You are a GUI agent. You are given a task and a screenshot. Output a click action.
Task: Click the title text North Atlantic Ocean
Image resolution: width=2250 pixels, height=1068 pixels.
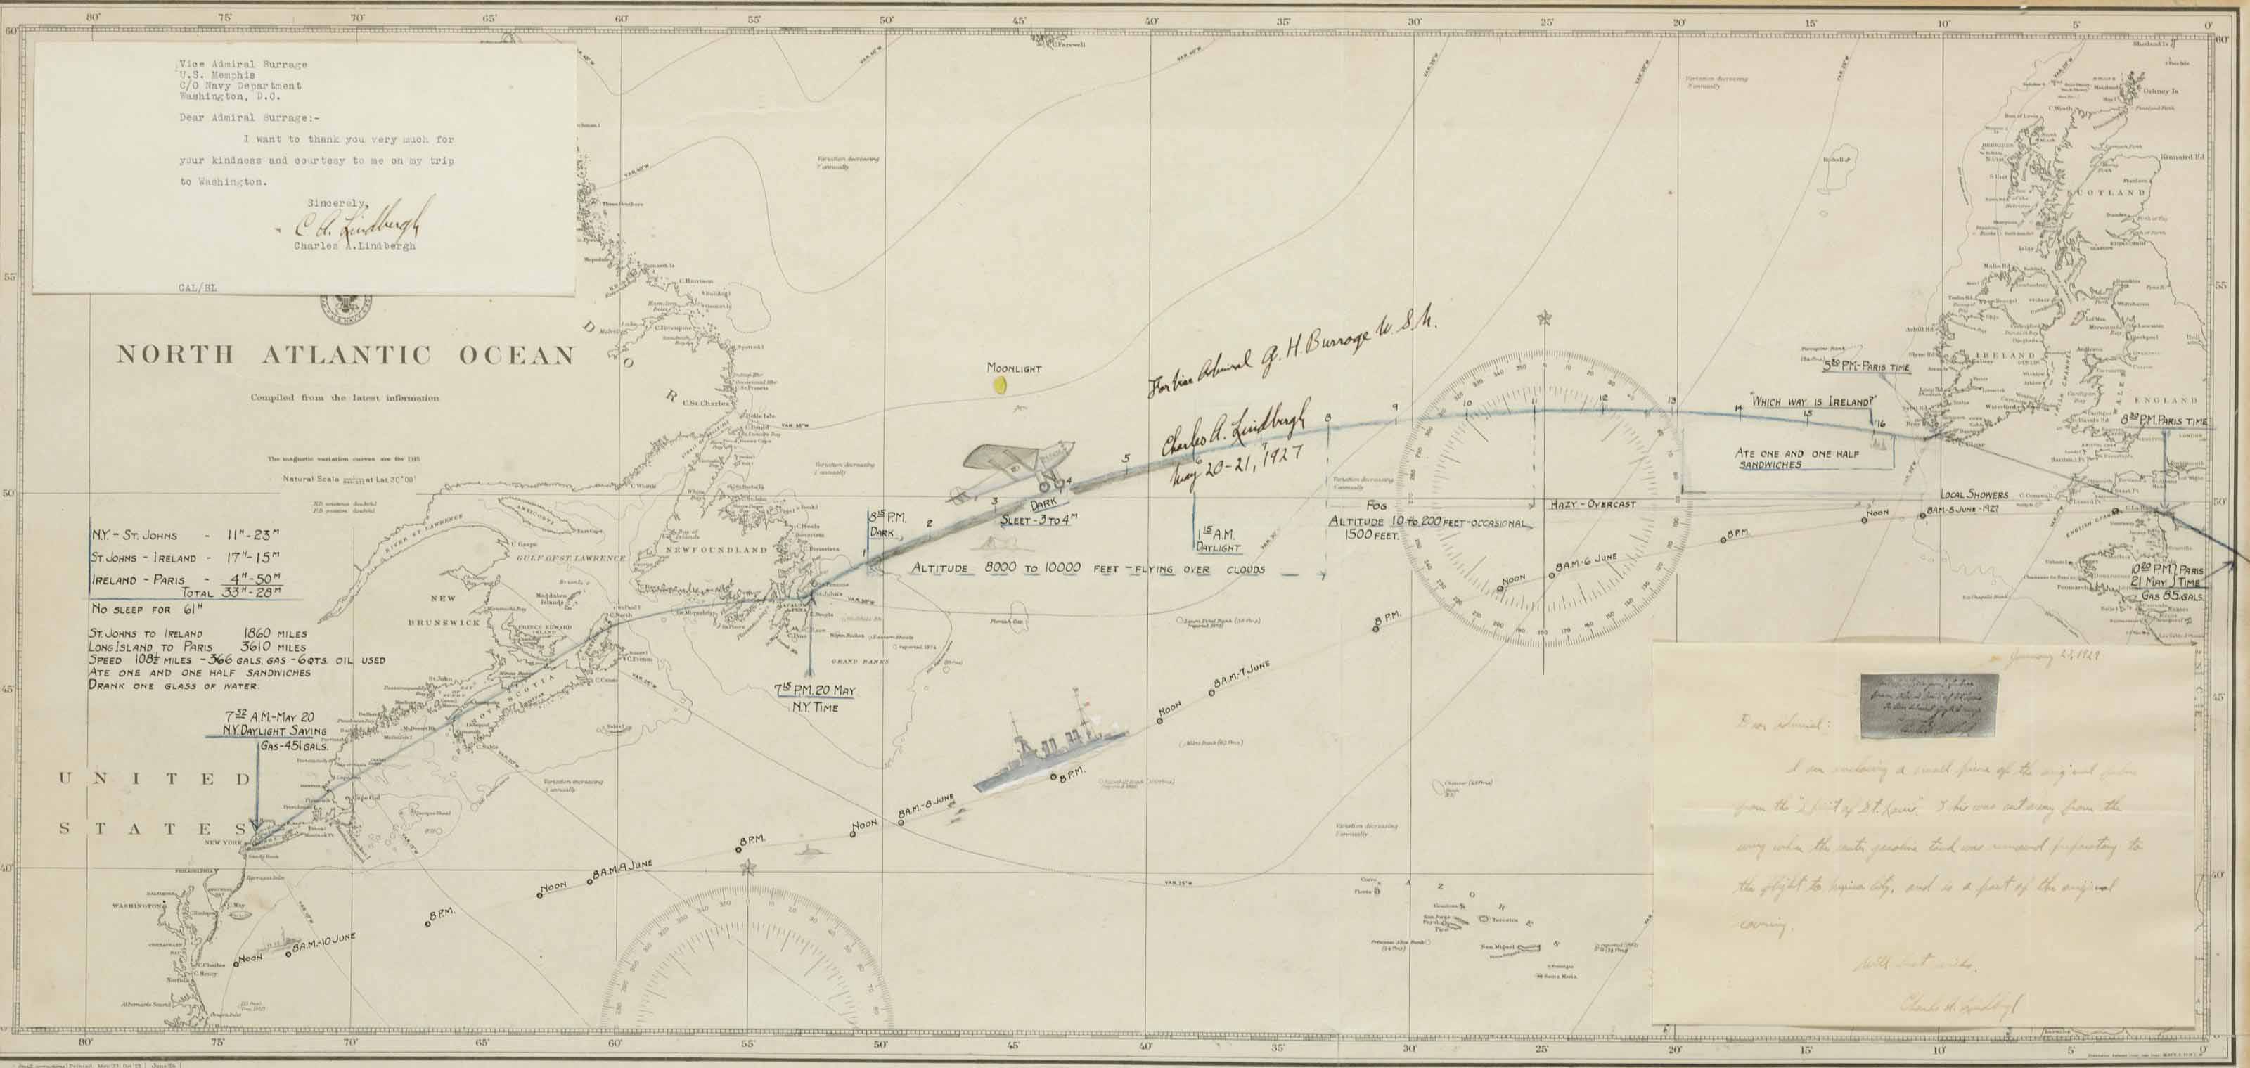click(x=346, y=354)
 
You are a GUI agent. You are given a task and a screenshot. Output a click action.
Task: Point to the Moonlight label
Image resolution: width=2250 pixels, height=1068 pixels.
click(x=1013, y=368)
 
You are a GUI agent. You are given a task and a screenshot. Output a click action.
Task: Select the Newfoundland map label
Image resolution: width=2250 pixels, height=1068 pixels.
click(x=728, y=549)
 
